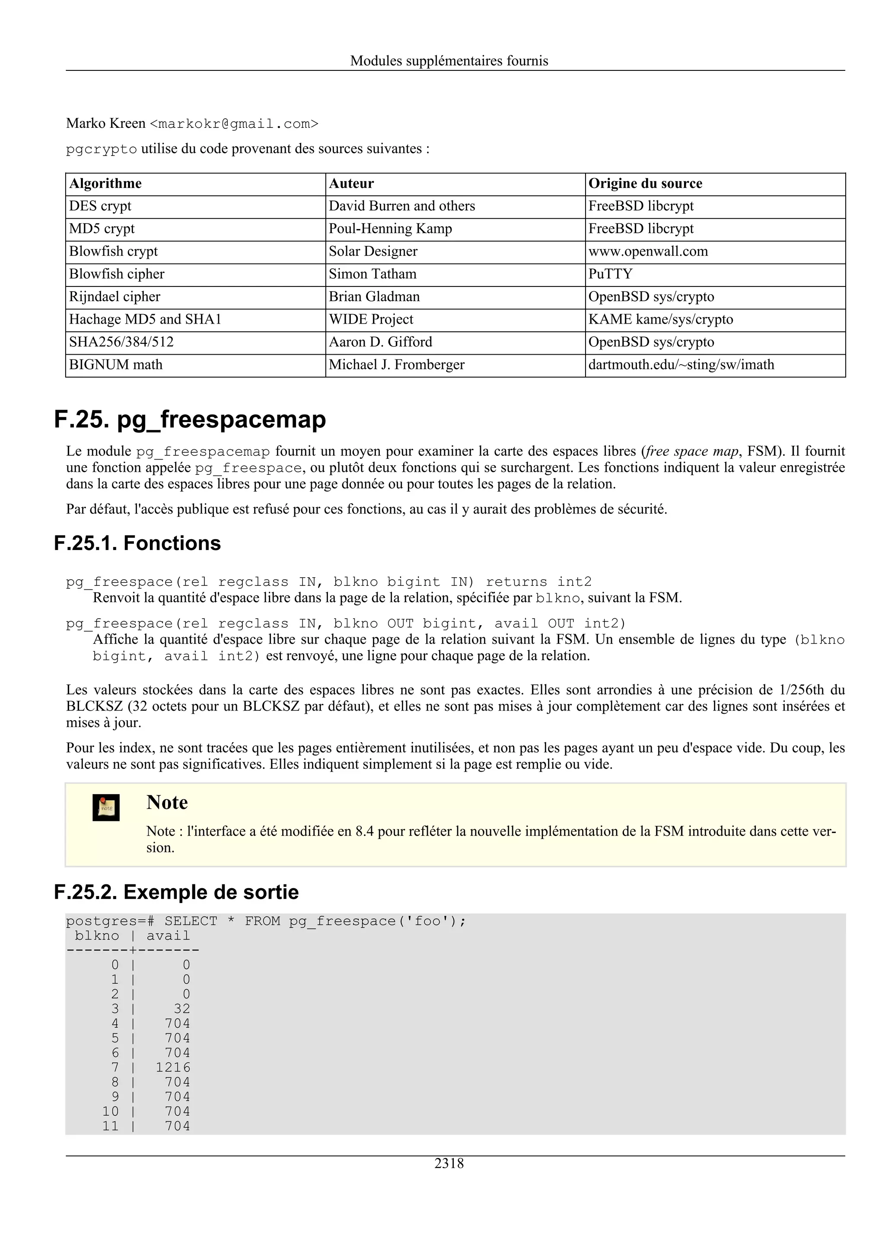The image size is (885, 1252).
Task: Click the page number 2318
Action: click(x=449, y=1163)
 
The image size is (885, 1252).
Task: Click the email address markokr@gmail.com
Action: click(x=234, y=124)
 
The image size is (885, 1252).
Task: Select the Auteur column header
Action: click(x=351, y=184)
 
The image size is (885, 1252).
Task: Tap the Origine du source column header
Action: click(x=645, y=184)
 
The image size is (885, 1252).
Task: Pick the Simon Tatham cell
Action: click(x=372, y=274)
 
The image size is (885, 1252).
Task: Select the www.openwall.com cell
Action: click(x=648, y=251)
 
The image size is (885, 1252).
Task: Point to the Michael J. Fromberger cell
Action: click(x=396, y=365)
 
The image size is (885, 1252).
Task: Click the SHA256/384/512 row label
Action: click(x=121, y=342)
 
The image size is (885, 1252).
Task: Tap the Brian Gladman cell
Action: click(x=374, y=297)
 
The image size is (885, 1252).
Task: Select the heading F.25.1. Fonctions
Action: click(x=137, y=543)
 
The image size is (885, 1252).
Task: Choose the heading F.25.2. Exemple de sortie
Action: click(x=176, y=892)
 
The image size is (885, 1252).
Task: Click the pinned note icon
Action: click(x=106, y=807)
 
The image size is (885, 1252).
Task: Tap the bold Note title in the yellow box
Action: click(x=167, y=803)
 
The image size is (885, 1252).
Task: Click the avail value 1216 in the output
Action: click(x=173, y=1068)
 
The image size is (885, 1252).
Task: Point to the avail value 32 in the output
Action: click(x=181, y=1009)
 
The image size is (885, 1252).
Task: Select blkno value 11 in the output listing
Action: click(x=110, y=1126)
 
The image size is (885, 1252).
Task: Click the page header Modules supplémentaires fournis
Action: click(x=449, y=60)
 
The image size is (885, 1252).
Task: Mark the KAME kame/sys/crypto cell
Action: click(x=660, y=320)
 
